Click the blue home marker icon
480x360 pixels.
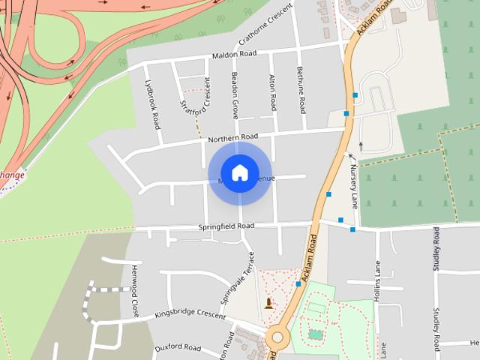click(239, 173)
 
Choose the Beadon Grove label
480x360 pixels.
click(235, 96)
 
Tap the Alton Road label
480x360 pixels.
click(272, 94)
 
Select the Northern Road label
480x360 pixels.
click(233, 137)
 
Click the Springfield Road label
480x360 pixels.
click(226, 226)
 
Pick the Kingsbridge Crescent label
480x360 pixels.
click(190, 315)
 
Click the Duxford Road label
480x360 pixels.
click(178, 348)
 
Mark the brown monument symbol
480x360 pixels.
click(269, 304)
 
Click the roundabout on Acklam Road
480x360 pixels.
click(280, 338)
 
